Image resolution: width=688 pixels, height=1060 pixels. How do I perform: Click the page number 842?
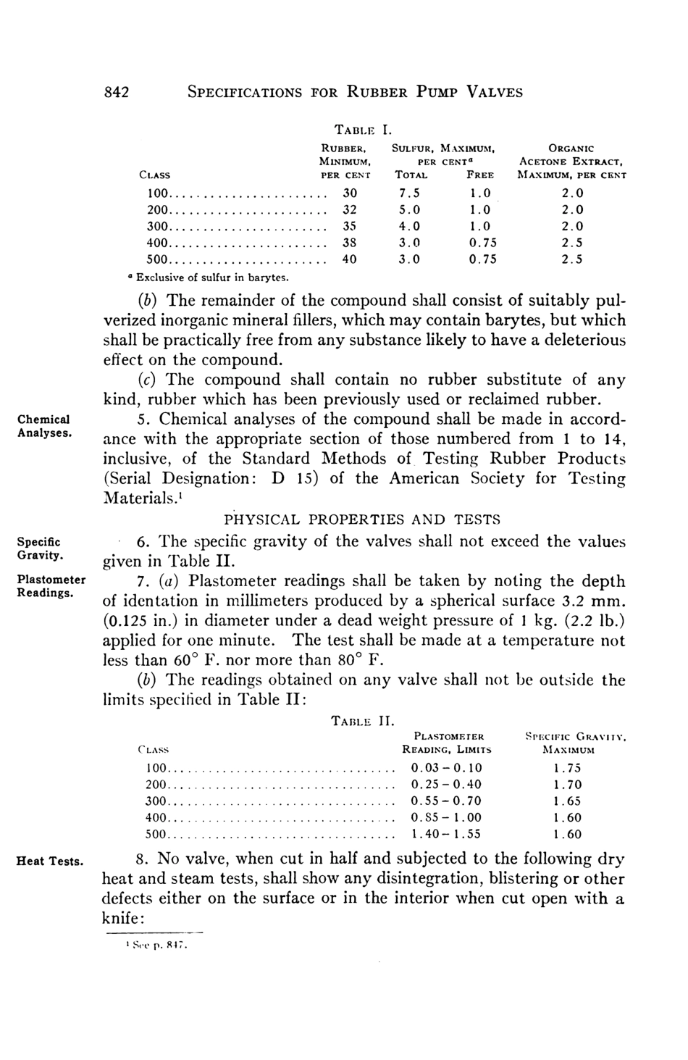(x=116, y=92)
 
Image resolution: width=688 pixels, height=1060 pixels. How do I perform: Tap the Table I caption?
(x=362, y=131)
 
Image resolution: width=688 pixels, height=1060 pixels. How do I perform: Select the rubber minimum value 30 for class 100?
(x=350, y=193)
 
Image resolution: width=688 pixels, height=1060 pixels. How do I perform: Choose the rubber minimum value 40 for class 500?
(x=350, y=259)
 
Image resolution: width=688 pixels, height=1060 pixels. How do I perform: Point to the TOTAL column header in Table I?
(x=411, y=175)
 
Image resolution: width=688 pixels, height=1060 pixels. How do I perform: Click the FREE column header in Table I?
(x=480, y=175)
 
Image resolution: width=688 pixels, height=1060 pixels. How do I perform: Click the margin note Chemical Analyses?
(x=43, y=426)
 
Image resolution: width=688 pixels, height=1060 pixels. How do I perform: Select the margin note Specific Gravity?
(x=39, y=548)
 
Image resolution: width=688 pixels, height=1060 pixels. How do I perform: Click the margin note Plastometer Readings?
(x=51, y=586)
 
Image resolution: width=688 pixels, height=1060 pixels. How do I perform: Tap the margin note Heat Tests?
(x=50, y=861)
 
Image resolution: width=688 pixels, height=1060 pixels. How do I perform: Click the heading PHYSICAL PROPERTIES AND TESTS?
(x=361, y=519)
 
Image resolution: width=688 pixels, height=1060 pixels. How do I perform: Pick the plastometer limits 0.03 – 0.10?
(x=446, y=768)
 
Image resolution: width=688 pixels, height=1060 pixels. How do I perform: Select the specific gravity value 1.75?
(x=567, y=768)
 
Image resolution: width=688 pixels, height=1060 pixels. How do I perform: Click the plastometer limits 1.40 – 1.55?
(x=446, y=834)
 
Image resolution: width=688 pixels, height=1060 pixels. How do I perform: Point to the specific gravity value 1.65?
(x=567, y=801)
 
